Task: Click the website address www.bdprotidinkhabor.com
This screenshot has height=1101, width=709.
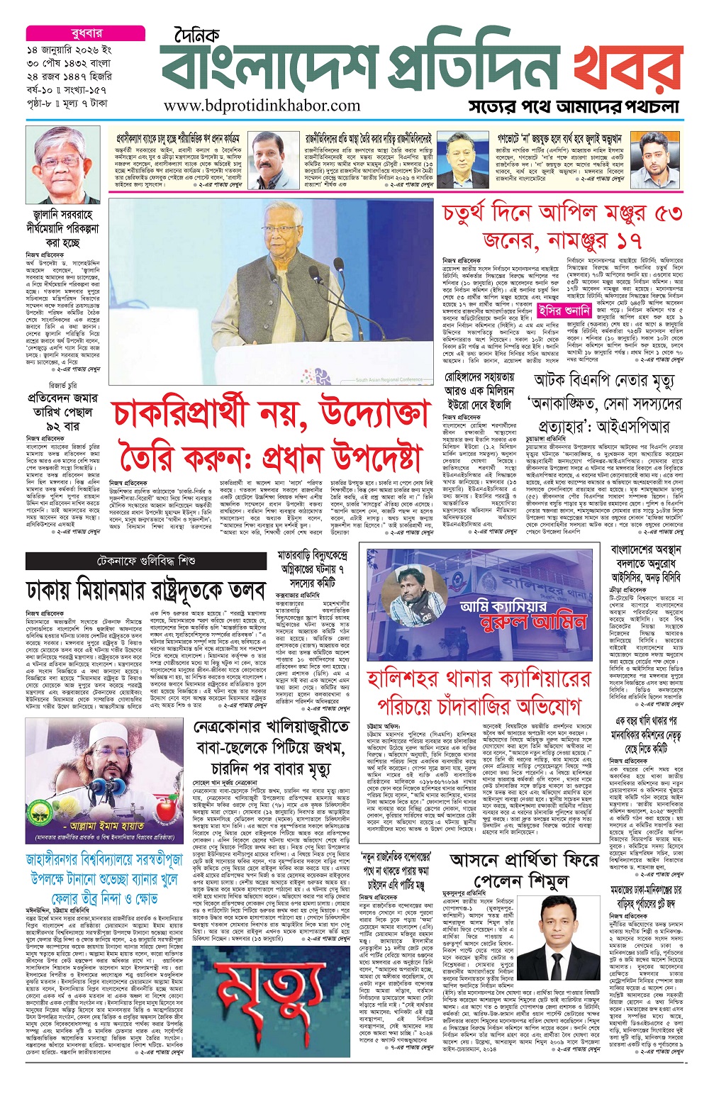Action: (x=262, y=106)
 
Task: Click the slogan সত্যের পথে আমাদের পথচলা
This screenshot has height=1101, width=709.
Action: (x=574, y=107)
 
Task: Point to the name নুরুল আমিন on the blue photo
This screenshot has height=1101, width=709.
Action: (x=524, y=622)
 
